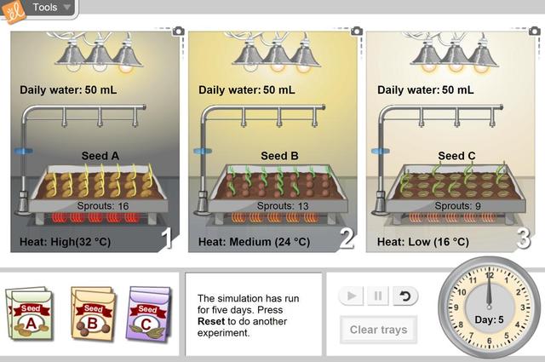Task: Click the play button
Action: pos(350,296)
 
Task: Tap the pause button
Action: pos(379,296)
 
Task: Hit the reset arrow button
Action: pos(406,296)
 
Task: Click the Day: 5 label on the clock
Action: pos(490,319)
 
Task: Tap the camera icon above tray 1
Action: pos(178,31)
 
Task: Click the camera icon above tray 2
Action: pos(356,31)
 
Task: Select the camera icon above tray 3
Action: pos(535,31)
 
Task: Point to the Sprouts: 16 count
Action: pos(102,206)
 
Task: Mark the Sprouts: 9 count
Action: pos(456,206)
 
